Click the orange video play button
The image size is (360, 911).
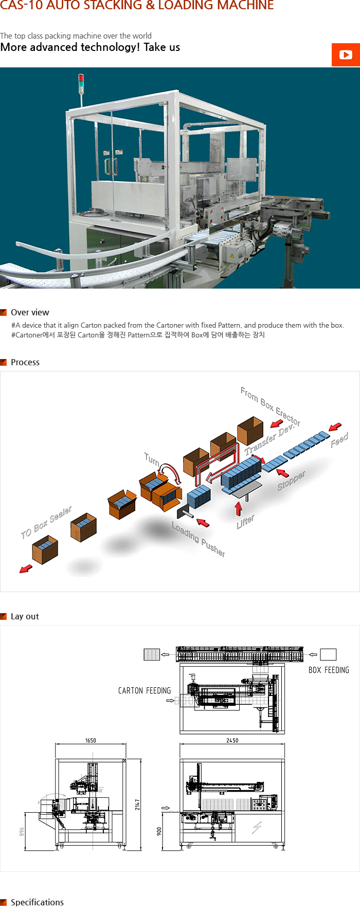(346, 55)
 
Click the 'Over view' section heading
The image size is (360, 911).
(30, 312)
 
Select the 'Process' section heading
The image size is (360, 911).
(25, 362)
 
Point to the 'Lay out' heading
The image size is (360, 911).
(25, 616)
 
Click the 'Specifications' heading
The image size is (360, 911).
(37, 902)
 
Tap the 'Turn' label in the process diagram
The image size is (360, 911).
(152, 459)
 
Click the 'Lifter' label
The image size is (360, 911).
(245, 522)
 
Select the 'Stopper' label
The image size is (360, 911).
(291, 480)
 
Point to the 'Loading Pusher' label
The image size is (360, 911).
(198, 539)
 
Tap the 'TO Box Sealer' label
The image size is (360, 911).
(46, 522)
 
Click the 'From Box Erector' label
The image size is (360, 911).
(270, 406)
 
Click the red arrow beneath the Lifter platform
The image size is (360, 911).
(239, 508)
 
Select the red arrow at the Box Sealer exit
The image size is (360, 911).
(26, 568)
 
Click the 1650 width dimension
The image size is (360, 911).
(91, 740)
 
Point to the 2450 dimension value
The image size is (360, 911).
(232, 740)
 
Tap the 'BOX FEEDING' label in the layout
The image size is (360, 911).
(329, 670)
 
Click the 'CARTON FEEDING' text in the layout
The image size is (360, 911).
(145, 691)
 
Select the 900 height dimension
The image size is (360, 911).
(159, 831)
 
